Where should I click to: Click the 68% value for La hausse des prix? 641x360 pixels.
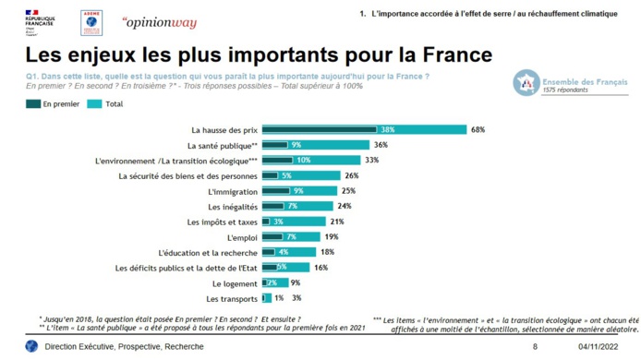[x=478, y=130]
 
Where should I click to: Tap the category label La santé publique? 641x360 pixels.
[x=223, y=145]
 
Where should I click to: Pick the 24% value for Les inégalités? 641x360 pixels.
[x=345, y=206]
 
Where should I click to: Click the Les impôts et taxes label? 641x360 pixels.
[x=223, y=222]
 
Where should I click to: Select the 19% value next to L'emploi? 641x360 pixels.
[x=331, y=237]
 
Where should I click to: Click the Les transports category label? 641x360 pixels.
[x=233, y=299]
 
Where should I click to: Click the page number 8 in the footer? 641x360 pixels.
[x=535, y=346]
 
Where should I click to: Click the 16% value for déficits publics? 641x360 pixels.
[x=321, y=268]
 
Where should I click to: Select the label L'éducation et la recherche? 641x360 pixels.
[x=209, y=252]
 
